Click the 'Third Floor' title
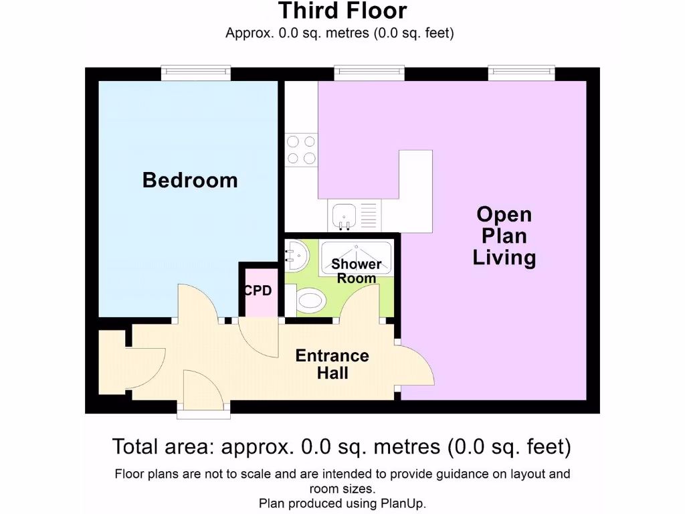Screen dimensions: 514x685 tap(342, 11)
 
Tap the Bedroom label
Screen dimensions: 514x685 tap(190, 180)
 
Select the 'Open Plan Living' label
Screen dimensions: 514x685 tap(504, 236)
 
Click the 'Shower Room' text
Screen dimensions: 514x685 tap(356, 271)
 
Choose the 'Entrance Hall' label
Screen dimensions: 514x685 tap(332, 364)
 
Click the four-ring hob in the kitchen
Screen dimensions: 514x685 tap(301, 150)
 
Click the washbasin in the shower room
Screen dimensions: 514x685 tap(296, 255)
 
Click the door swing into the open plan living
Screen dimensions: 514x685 tap(416, 365)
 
